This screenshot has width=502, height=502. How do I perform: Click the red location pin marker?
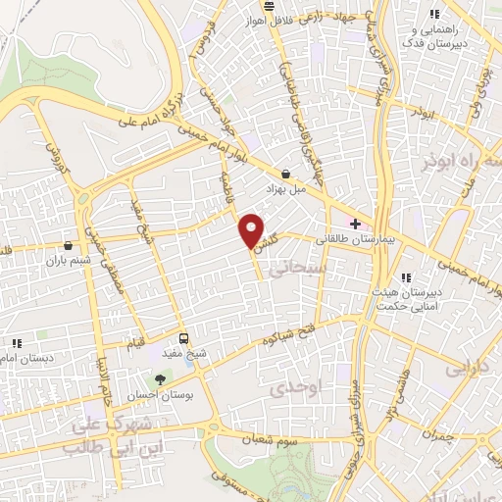[x=251, y=231]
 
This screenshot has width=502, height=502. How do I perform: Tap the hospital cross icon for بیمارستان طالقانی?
[x=354, y=225]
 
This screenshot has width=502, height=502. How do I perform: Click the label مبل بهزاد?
[x=285, y=185]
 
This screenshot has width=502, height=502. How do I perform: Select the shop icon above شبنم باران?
[x=68, y=245]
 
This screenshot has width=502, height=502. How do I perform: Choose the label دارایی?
[x=466, y=371]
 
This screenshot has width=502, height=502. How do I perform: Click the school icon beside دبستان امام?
[x=17, y=343]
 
